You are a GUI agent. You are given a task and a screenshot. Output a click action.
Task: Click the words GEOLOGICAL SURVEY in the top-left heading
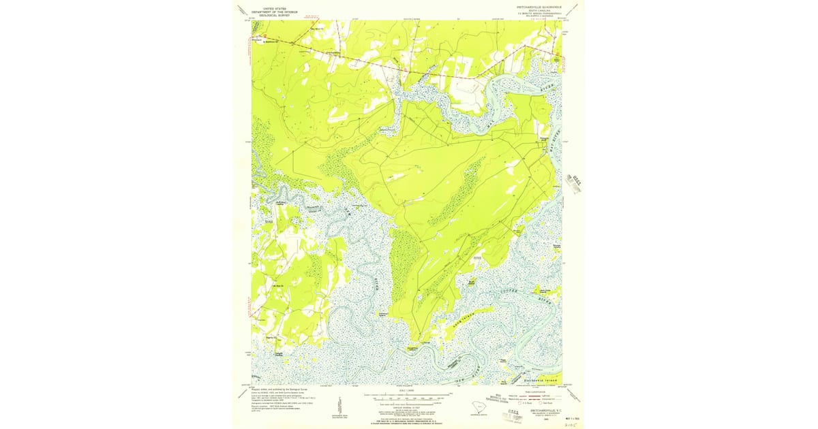click(x=271, y=14)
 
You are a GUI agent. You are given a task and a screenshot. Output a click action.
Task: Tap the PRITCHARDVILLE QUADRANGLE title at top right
click(x=535, y=6)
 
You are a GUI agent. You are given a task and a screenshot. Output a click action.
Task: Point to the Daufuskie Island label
click(x=540, y=379)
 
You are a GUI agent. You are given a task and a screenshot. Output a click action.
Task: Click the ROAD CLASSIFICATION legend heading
click(x=539, y=393)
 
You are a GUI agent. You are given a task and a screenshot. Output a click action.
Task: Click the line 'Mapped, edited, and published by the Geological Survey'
click(x=279, y=390)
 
